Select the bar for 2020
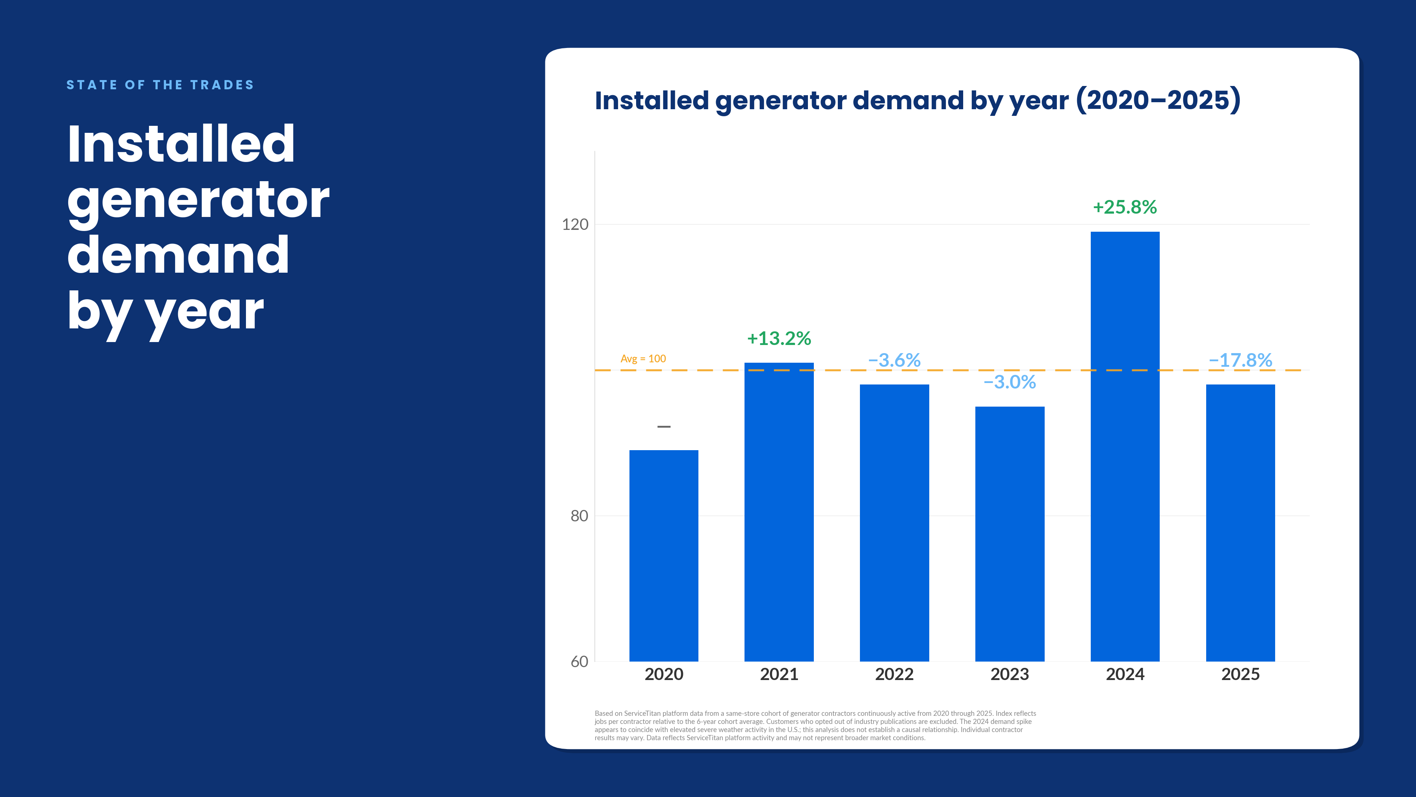[x=663, y=556]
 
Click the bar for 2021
[x=779, y=511]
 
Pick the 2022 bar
[x=894, y=522]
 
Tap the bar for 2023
[x=1010, y=534]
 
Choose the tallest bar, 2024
[x=1125, y=446]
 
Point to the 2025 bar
[x=1240, y=522]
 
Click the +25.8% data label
[x=1125, y=207]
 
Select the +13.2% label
[x=779, y=338]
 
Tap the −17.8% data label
[x=1240, y=360]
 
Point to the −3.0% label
[x=1010, y=382]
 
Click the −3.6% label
[x=894, y=360]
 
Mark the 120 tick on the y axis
[x=575, y=224]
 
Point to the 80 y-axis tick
[x=579, y=516]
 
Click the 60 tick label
[x=579, y=662]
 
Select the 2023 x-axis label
[x=1010, y=674]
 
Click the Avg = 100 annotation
[x=643, y=359]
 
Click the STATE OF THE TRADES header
[x=160, y=85]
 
